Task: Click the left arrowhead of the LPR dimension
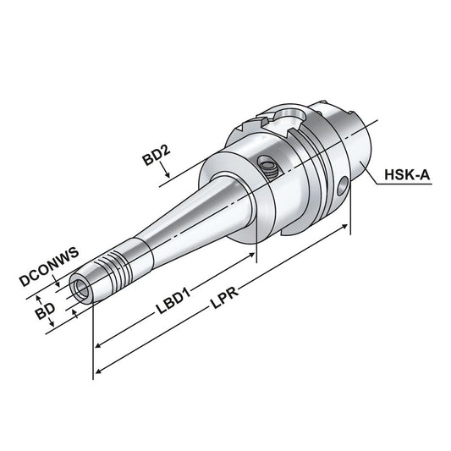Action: click(97, 372)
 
